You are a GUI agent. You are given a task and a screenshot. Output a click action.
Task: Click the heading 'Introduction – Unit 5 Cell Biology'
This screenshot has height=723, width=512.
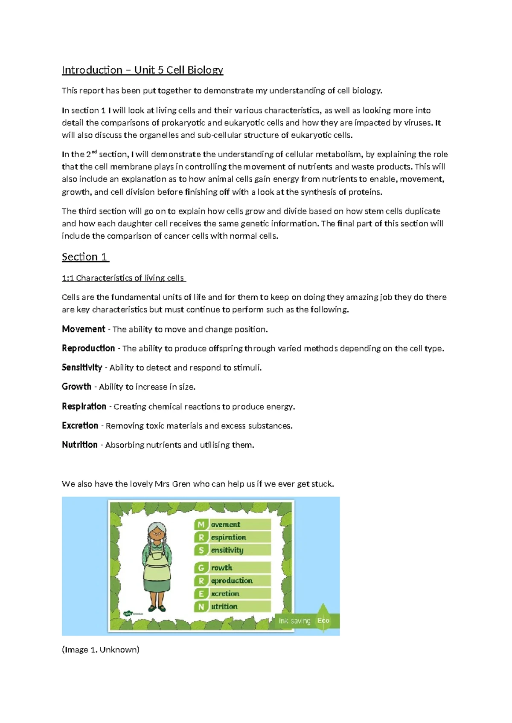tap(143, 70)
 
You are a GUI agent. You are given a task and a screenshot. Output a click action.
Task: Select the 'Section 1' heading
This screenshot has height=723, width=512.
tap(85, 257)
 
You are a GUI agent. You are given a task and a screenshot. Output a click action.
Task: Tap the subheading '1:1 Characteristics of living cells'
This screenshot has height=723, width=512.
tap(123, 278)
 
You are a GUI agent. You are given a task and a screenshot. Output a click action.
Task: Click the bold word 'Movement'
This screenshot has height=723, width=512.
tap(84, 329)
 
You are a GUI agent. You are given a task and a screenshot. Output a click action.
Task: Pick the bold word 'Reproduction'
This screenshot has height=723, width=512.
tap(88, 348)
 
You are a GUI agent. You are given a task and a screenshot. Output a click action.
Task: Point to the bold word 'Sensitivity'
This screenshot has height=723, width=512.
tap(82, 367)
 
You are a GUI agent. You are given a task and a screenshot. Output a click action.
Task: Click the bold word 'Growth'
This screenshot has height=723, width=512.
tap(76, 387)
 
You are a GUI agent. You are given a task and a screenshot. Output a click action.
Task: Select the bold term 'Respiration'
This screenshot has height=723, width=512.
tap(84, 406)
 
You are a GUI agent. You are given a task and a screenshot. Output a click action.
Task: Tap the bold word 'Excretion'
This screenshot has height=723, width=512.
tap(80, 425)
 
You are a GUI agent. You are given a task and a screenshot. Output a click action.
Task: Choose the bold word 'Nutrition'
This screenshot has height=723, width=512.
tap(80, 445)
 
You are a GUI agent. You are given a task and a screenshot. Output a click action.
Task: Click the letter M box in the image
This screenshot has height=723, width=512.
tap(201, 524)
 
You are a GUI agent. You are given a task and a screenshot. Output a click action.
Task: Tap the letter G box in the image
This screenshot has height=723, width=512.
tap(201, 568)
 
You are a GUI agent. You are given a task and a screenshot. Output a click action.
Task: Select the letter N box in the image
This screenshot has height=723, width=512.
tap(201, 607)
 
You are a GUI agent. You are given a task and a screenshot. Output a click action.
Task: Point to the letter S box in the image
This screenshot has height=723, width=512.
tap(201, 550)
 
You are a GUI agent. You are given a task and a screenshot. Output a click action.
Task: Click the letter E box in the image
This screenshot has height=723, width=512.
tap(201, 594)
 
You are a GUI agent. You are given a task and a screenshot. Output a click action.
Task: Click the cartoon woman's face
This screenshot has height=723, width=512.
tap(157, 533)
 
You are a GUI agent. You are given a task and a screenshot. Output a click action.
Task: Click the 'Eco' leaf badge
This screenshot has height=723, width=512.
tap(323, 620)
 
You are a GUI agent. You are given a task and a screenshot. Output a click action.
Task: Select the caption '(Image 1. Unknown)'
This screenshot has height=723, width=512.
tap(101, 650)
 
